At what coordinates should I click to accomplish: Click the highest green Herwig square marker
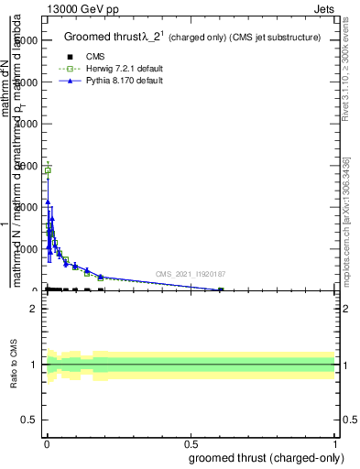tap(48, 170)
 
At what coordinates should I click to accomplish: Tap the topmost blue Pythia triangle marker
tap(48, 202)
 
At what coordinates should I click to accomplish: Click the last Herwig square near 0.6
tap(221, 290)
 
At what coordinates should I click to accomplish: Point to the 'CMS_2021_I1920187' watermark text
tap(190, 273)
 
